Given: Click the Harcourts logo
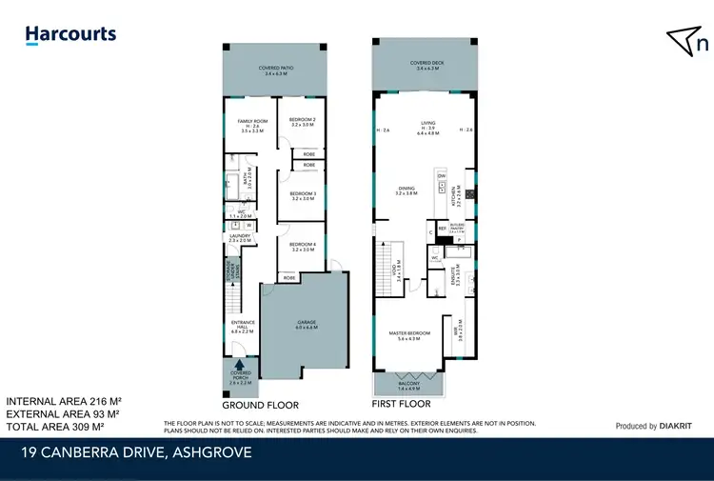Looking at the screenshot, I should pos(70,35).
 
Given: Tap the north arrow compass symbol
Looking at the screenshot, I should pos(688,41).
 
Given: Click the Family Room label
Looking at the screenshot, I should pos(252,124).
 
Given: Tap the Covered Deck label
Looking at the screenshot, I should pos(425,66).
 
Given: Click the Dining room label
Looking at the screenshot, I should pos(407,190).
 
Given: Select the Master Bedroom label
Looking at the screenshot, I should pos(410,334).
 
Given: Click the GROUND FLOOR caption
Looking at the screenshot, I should pos(247,404).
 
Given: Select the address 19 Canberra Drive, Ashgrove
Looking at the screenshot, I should pos(137,453).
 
